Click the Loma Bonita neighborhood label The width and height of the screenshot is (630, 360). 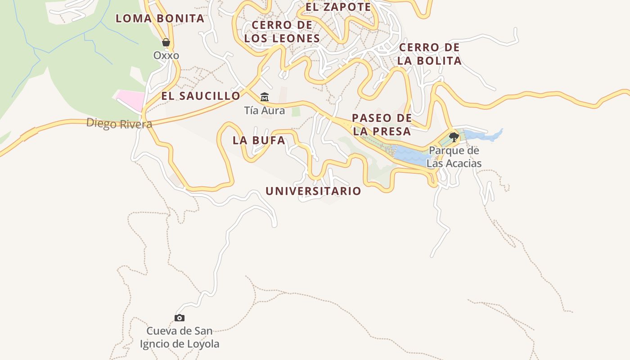click(160, 18)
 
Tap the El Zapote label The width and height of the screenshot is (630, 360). click(338, 7)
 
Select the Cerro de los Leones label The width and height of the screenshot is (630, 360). click(282, 31)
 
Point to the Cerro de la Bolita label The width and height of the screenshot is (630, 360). click(430, 54)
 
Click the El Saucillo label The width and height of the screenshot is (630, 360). click(201, 96)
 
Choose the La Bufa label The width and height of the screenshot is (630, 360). click(259, 140)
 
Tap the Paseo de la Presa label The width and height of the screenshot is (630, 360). click(382, 125)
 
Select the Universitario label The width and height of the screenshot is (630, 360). click(313, 191)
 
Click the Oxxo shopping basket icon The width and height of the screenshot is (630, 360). click(166, 42)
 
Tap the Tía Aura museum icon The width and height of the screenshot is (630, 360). click(265, 97)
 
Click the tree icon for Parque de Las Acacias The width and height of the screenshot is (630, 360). click(454, 137)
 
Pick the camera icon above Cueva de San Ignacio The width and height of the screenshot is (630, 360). click(180, 318)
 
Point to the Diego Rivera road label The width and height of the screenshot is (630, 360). click(119, 123)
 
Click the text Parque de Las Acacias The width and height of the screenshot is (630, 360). click(454, 157)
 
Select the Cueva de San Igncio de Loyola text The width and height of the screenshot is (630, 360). click(180, 337)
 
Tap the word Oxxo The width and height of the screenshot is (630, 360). click(166, 55)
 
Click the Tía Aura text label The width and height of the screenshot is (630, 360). click(265, 110)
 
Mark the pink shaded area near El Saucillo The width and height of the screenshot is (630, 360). click(131, 98)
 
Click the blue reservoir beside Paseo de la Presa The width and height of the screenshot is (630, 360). click(412, 155)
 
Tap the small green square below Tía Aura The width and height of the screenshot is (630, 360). click(296, 111)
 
